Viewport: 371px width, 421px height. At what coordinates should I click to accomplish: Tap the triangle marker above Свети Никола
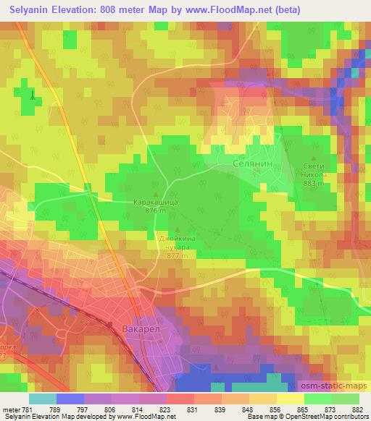(x=313, y=157)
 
